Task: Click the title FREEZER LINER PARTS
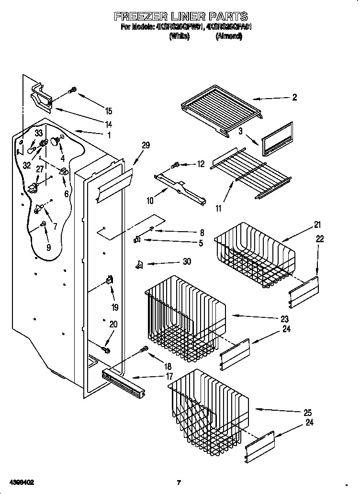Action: coord(180,17)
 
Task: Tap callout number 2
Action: coord(294,98)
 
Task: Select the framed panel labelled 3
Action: coord(277,139)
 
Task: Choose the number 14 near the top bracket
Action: coord(109,123)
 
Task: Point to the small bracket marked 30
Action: coord(139,263)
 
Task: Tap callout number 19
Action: coord(115,307)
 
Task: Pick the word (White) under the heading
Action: coord(179,36)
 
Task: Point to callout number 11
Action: coord(219,208)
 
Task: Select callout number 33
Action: coord(39,133)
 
